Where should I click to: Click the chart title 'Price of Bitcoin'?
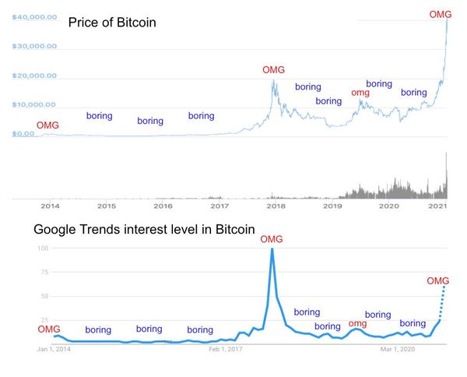coord(112,23)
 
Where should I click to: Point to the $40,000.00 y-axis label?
coord(34,17)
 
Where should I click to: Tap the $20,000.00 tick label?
coord(34,76)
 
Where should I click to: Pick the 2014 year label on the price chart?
coord(50,206)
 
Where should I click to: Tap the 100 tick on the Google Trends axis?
coord(43,248)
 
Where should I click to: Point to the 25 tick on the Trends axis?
coord(44,320)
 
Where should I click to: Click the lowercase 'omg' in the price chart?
coord(360,93)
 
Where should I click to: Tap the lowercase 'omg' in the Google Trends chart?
coord(357,323)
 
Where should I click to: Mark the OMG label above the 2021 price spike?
coord(441,14)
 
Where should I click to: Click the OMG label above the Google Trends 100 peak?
coord(272,238)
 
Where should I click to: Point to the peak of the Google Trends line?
coord(272,249)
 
